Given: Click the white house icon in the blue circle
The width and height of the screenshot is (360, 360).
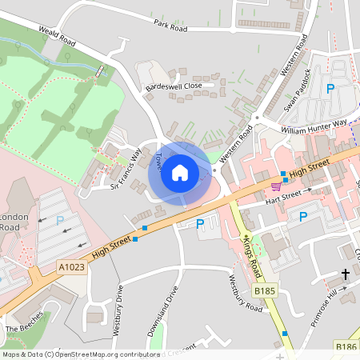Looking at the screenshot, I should [180, 173].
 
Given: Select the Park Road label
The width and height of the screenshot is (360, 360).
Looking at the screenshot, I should [170, 28].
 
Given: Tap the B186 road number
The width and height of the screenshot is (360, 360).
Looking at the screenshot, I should [346, 346].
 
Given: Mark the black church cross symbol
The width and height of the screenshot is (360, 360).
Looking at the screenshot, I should [346, 274].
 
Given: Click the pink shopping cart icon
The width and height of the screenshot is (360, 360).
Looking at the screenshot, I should [276, 186].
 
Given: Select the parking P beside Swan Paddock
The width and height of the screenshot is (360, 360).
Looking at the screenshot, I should [330, 90].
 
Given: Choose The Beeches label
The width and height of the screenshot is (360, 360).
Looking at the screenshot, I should [22, 329].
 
